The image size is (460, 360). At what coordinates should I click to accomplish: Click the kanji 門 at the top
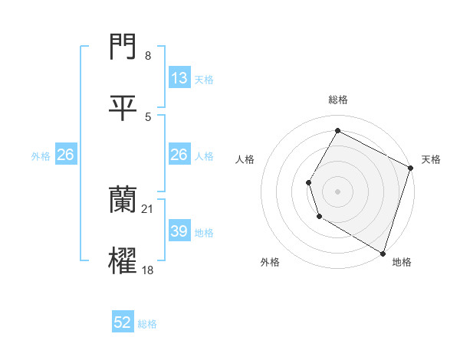(123, 47)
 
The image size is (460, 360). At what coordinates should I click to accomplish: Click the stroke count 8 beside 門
(147, 55)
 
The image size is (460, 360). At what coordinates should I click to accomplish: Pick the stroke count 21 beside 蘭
(148, 208)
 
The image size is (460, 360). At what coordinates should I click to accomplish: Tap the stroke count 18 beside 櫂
(148, 270)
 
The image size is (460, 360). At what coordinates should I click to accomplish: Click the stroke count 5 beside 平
(148, 116)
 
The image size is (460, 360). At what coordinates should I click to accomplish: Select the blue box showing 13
(179, 78)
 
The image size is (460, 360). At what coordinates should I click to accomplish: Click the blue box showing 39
(179, 231)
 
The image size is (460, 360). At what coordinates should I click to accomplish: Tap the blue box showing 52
(123, 322)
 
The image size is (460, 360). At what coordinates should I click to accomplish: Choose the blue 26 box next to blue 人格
(179, 155)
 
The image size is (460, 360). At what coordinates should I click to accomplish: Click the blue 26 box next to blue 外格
(65, 155)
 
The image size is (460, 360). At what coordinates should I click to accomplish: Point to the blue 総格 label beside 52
(147, 324)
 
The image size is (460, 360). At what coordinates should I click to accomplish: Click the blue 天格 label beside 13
(204, 80)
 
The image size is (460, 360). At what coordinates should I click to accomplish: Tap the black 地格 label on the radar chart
(402, 262)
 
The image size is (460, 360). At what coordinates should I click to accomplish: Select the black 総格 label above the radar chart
(337, 100)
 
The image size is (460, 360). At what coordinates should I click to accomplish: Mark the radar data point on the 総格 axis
(337, 130)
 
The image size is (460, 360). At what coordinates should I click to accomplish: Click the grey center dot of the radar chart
(337, 191)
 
